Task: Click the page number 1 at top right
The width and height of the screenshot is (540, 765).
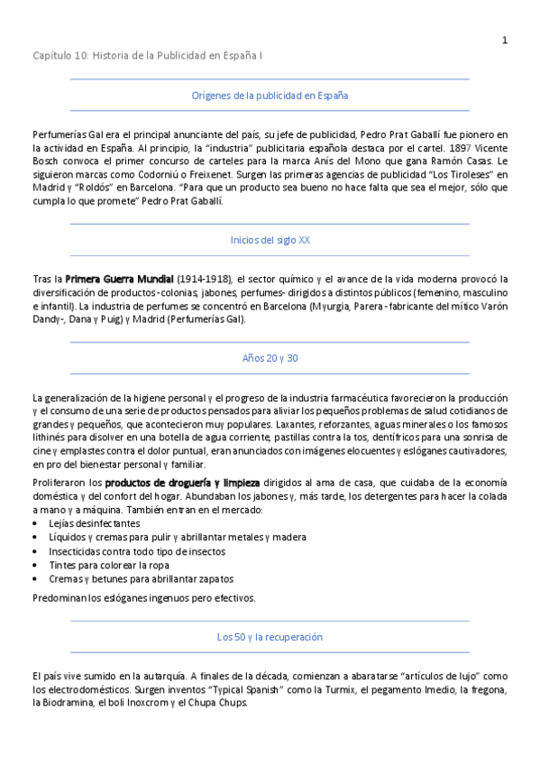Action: pos(505,40)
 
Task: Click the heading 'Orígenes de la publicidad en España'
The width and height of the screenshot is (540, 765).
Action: pos(270,94)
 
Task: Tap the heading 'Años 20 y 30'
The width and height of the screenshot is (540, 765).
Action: pos(270,358)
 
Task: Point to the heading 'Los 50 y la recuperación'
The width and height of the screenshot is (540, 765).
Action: pos(270,636)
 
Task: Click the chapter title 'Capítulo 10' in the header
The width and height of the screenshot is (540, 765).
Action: pos(61,56)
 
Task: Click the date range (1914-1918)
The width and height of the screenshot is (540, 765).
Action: pos(204,279)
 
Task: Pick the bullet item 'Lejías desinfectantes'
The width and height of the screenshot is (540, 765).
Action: pos(94,523)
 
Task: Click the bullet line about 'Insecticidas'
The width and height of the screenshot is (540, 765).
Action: pos(137,551)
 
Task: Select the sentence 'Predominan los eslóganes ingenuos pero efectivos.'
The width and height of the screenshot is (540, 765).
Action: pos(144,597)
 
